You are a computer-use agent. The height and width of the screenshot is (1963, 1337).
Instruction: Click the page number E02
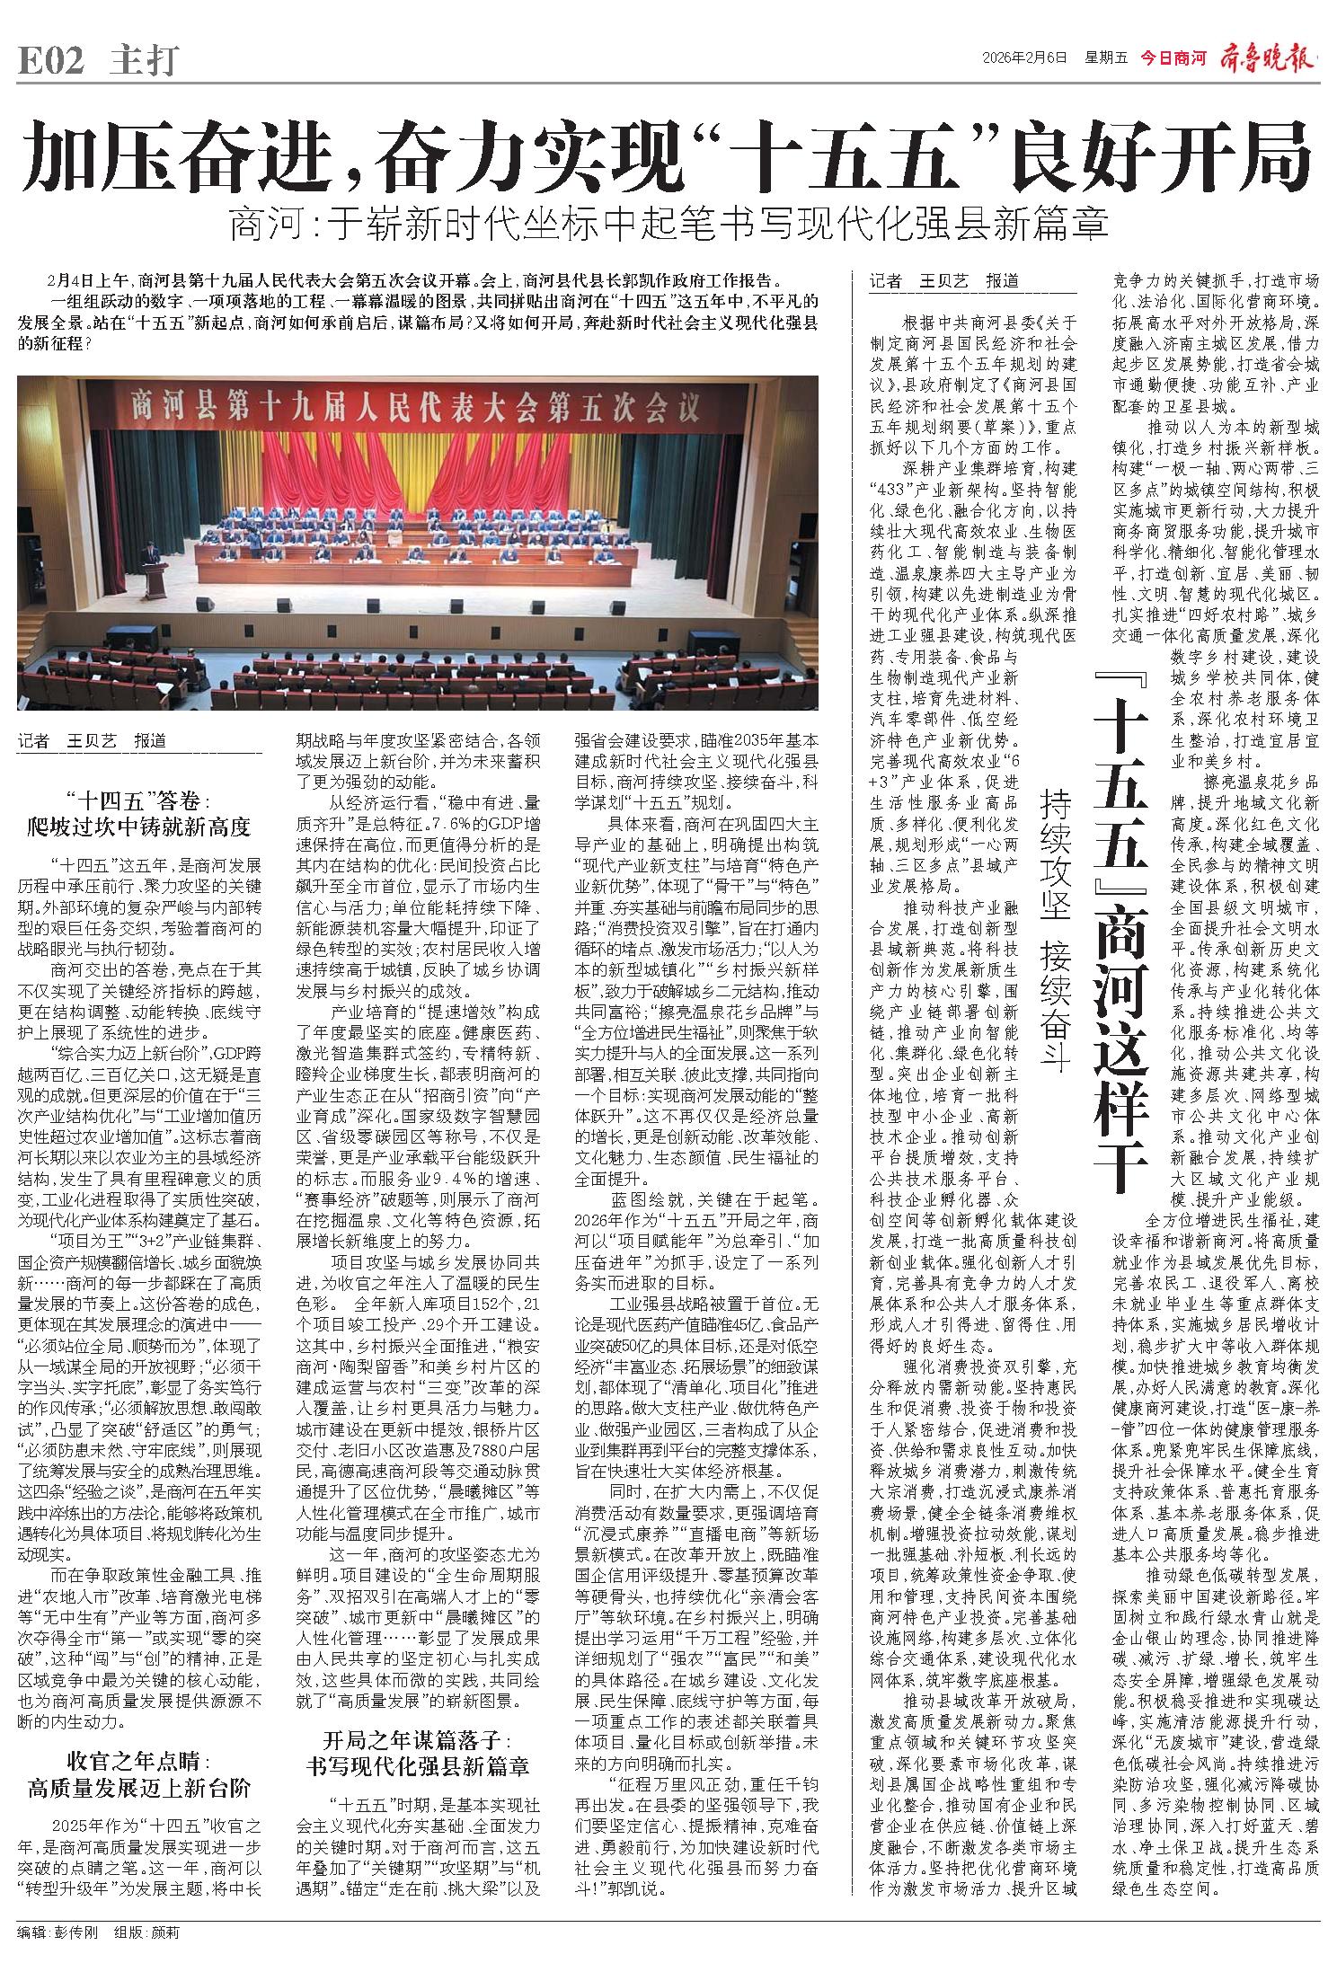pyautogui.click(x=51, y=61)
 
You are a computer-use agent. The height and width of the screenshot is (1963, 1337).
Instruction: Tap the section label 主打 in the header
pyautogui.click(x=144, y=61)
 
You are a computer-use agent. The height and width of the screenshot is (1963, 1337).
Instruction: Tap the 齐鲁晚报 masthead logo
pyautogui.click(x=1268, y=58)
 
